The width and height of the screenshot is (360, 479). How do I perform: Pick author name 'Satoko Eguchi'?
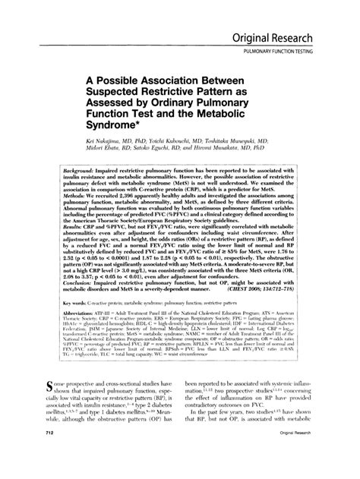(167, 150)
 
